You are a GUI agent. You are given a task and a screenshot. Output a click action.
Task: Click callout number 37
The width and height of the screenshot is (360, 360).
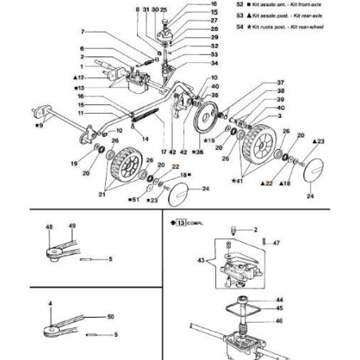tap(280, 83)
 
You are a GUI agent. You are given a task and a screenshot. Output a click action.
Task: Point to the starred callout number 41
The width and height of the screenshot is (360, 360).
tap(235, 182)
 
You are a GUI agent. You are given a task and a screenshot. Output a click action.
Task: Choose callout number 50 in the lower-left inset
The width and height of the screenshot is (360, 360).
tap(110, 317)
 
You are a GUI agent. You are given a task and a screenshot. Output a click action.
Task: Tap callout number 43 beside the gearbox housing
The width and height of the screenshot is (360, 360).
tap(202, 260)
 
